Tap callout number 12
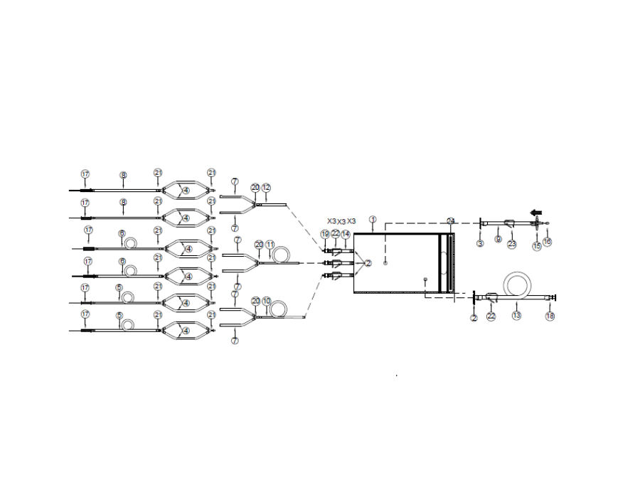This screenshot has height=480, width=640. click(267, 188)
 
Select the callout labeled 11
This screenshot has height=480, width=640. click(270, 245)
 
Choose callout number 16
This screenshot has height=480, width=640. click(547, 242)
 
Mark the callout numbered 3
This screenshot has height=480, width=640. click(480, 243)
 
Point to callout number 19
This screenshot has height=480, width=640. click(325, 234)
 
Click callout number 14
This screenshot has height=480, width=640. click(346, 234)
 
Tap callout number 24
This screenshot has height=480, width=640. click(450, 220)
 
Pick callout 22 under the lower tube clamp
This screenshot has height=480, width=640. click(490, 316)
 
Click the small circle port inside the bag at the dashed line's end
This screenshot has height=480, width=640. click(385, 263)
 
